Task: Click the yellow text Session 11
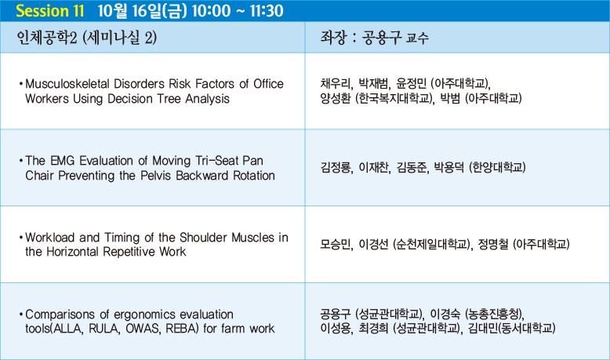pos(50,11)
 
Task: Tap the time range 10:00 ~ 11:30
pos(238,11)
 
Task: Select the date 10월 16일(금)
pos(143,11)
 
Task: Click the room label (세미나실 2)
pos(120,38)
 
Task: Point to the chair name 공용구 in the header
pos(381,38)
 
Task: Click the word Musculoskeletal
pos(67,84)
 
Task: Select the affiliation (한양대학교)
pos(497,168)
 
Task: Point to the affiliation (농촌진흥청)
pos(494,314)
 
